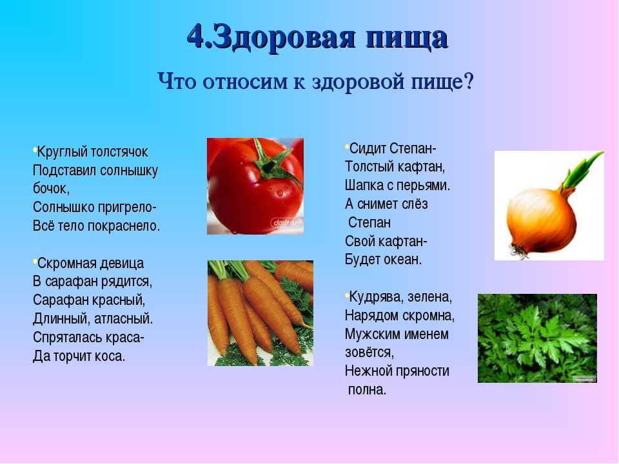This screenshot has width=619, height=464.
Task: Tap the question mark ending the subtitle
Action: tap(469, 82)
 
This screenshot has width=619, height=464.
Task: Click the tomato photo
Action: tap(255, 186)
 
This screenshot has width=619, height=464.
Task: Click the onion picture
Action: tap(549, 206)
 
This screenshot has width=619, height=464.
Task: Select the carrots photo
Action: tap(260, 313)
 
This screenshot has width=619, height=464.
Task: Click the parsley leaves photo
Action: tap(537, 338)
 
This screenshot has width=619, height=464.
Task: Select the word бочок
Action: tap(52, 189)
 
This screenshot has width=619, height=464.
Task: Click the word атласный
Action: tap(124, 319)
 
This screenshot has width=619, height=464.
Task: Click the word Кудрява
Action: tap(375, 297)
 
